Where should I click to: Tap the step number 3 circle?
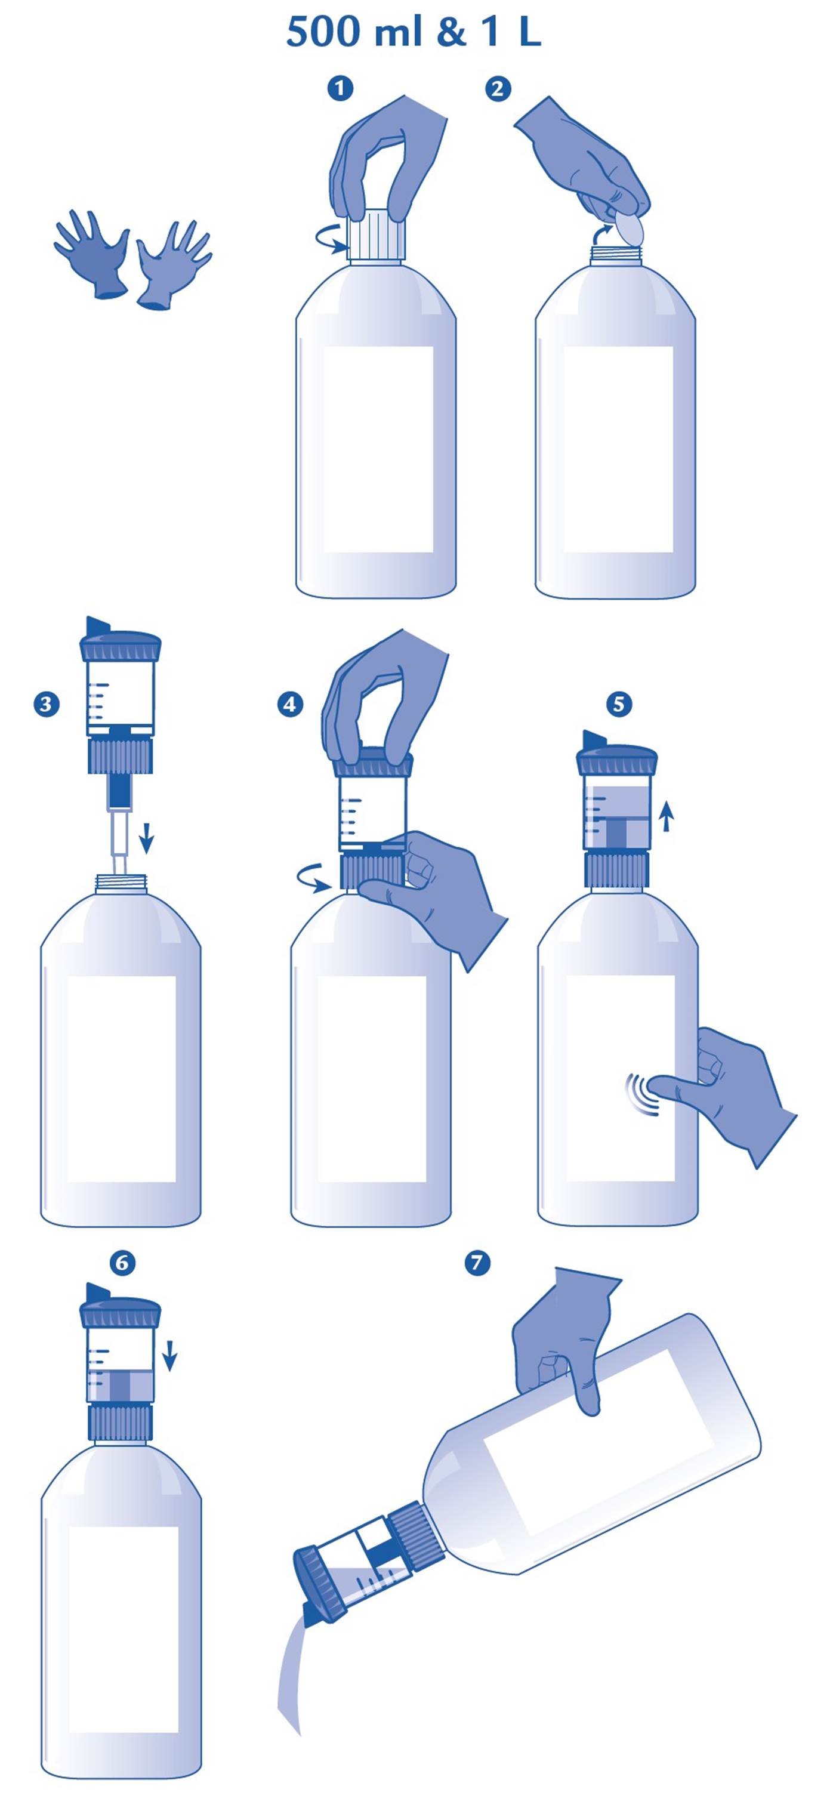[47, 704]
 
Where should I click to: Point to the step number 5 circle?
[619, 704]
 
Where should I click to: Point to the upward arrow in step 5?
[667, 817]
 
